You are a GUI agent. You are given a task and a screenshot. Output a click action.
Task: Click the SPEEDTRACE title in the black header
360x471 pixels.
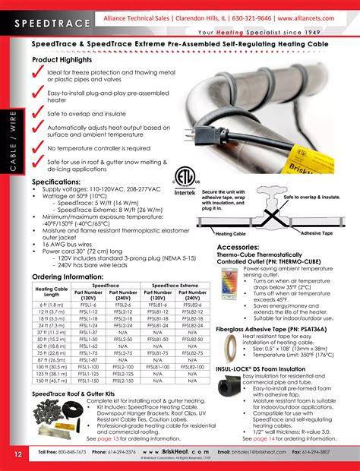click(x=51, y=24)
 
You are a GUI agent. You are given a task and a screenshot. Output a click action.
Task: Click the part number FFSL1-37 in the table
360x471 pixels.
click(x=89, y=332)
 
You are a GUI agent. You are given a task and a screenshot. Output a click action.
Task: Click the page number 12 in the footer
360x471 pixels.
click(x=17, y=454)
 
